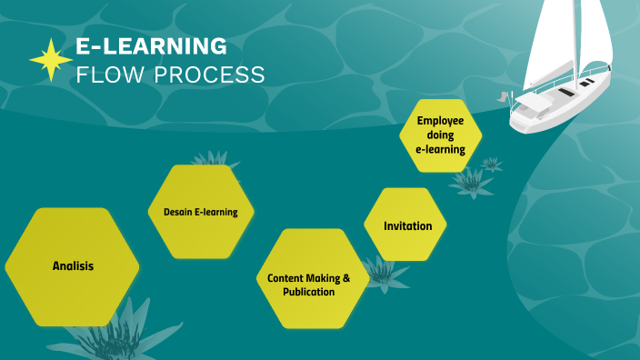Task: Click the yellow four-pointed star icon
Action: pyautogui.click(x=51, y=60)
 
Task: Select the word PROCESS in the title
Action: pyautogui.click(x=207, y=75)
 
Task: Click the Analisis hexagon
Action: pyautogui.click(x=72, y=266)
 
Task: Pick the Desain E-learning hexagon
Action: pyautogui.click(x=200, y=212)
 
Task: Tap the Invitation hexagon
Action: pyautogui.click(x=407, y=225)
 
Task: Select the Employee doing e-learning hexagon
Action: pyautogui.click(x=440, y=135)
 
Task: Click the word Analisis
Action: pyautogui.click(x=73, y=266)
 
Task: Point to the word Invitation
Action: pyautogui.click(x=407, y=225)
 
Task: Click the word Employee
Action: pyautogui.click(x=440, y=120)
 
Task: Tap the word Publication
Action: pyautogui.click(x=308, y=293)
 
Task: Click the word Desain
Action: pyautogui.click(x=176, y=212)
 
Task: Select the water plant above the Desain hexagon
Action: pyautogui.click(x=215, y=160)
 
